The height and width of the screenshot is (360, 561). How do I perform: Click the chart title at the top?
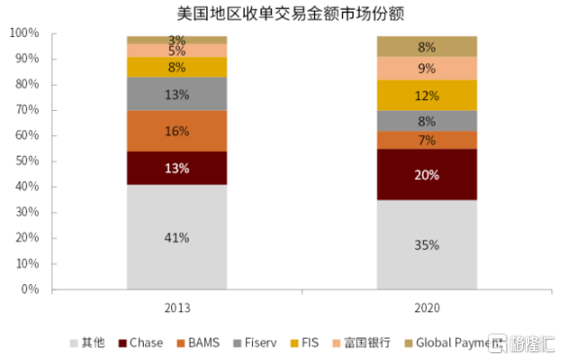pyautogui.click(x=290, y=14)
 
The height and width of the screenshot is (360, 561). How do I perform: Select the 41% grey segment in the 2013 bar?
pyautogui.click(x=177, y=236)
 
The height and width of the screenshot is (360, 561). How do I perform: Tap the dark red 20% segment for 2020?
pyautogui.click(x=427, y=174)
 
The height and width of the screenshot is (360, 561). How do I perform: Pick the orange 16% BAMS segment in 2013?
pyautogui.click(x=177, y=131)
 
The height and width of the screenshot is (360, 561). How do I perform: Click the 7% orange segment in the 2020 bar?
pyautogui.click(x=427, y=140)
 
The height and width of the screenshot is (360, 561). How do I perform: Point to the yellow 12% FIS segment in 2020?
pyautogui.click(x=427, y=95)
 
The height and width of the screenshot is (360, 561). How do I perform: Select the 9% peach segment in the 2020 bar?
pyautogui.click(x=427, y=68)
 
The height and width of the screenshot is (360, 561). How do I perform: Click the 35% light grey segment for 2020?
pyautogui.click(x=427, y=244)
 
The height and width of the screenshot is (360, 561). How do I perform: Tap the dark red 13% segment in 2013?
pyautogui.click(x=177, y=168)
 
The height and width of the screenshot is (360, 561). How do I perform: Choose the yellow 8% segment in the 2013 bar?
pyautogui.click(x=177, y=67)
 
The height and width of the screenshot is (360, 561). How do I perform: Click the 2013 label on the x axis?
pyautogui.click(x=177, y=307)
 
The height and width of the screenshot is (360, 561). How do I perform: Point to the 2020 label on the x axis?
pyautogui.click(x=427, y=307)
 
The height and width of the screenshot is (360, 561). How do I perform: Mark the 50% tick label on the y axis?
pyautogui.click(x=27, y=161)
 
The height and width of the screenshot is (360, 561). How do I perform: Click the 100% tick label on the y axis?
pyautogui.click(x=24, y=33)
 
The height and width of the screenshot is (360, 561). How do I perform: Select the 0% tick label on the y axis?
pyautogui.click(x=30, y=289)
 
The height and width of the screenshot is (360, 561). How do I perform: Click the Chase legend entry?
pyautogui.click(x=141, y=342)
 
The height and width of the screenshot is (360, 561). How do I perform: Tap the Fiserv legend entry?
pyautogui.click(x=255, y=342)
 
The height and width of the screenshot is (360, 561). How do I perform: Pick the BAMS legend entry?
pyautogui.click(x=197, y=342)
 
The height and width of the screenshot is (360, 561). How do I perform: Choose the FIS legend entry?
pyautogui.click(x=304, y=342)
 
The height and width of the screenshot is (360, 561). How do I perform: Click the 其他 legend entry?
pyautogui.click(x=88, y=342)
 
